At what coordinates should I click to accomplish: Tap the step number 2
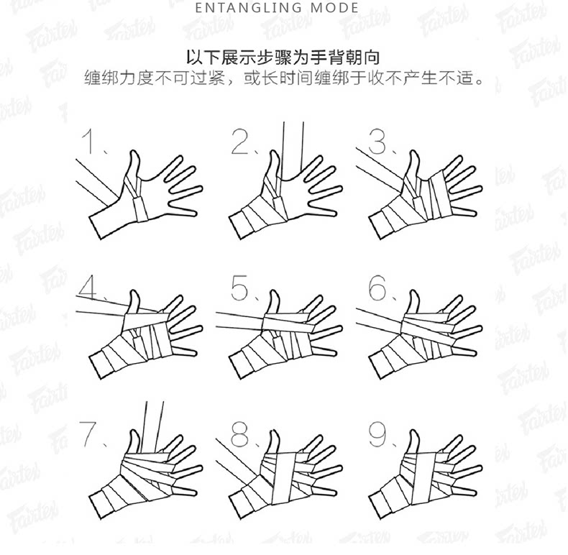pyautogui.click(x=241, y=142)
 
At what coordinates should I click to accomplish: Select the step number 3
pyautogui.click(x=377, y=142)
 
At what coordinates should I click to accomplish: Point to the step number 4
pyautogui.click(x=87, y=288)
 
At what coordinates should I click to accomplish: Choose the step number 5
pyautogui.click(x=240, y=288)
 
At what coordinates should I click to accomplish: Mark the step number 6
pyautogui.click(x=377, y=288)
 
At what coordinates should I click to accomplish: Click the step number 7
pyautogui.click(x=88, y=434)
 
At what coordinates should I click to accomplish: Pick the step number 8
pyautogui.click(x=240, y=434)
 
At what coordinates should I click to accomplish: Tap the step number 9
pyautogui.click(x=377, y=434)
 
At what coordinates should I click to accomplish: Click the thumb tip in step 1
pyautogui.click(x=134, y=152)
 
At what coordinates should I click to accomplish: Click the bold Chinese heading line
pyautogui.click(x=283, y=58)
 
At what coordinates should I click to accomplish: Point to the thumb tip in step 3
pyautogui.click(x=414, y=152)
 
